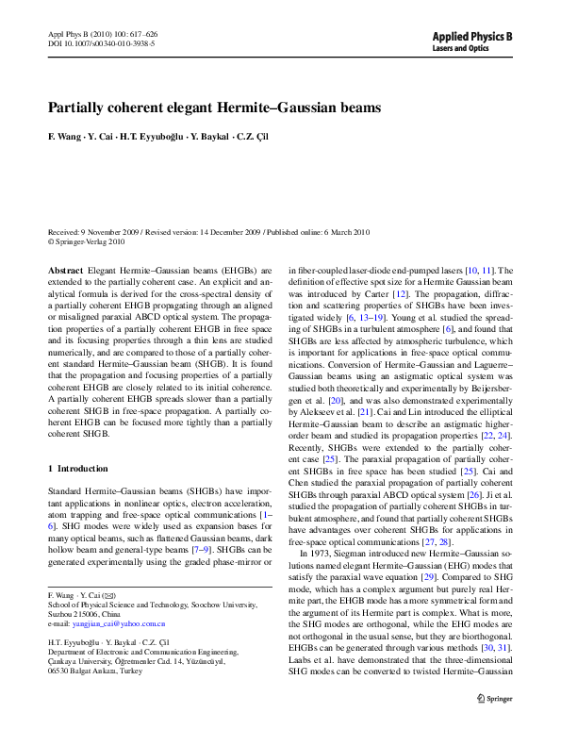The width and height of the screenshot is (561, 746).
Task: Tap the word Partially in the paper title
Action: point(78,108)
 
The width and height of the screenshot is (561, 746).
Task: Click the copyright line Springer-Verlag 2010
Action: point(90,241)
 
